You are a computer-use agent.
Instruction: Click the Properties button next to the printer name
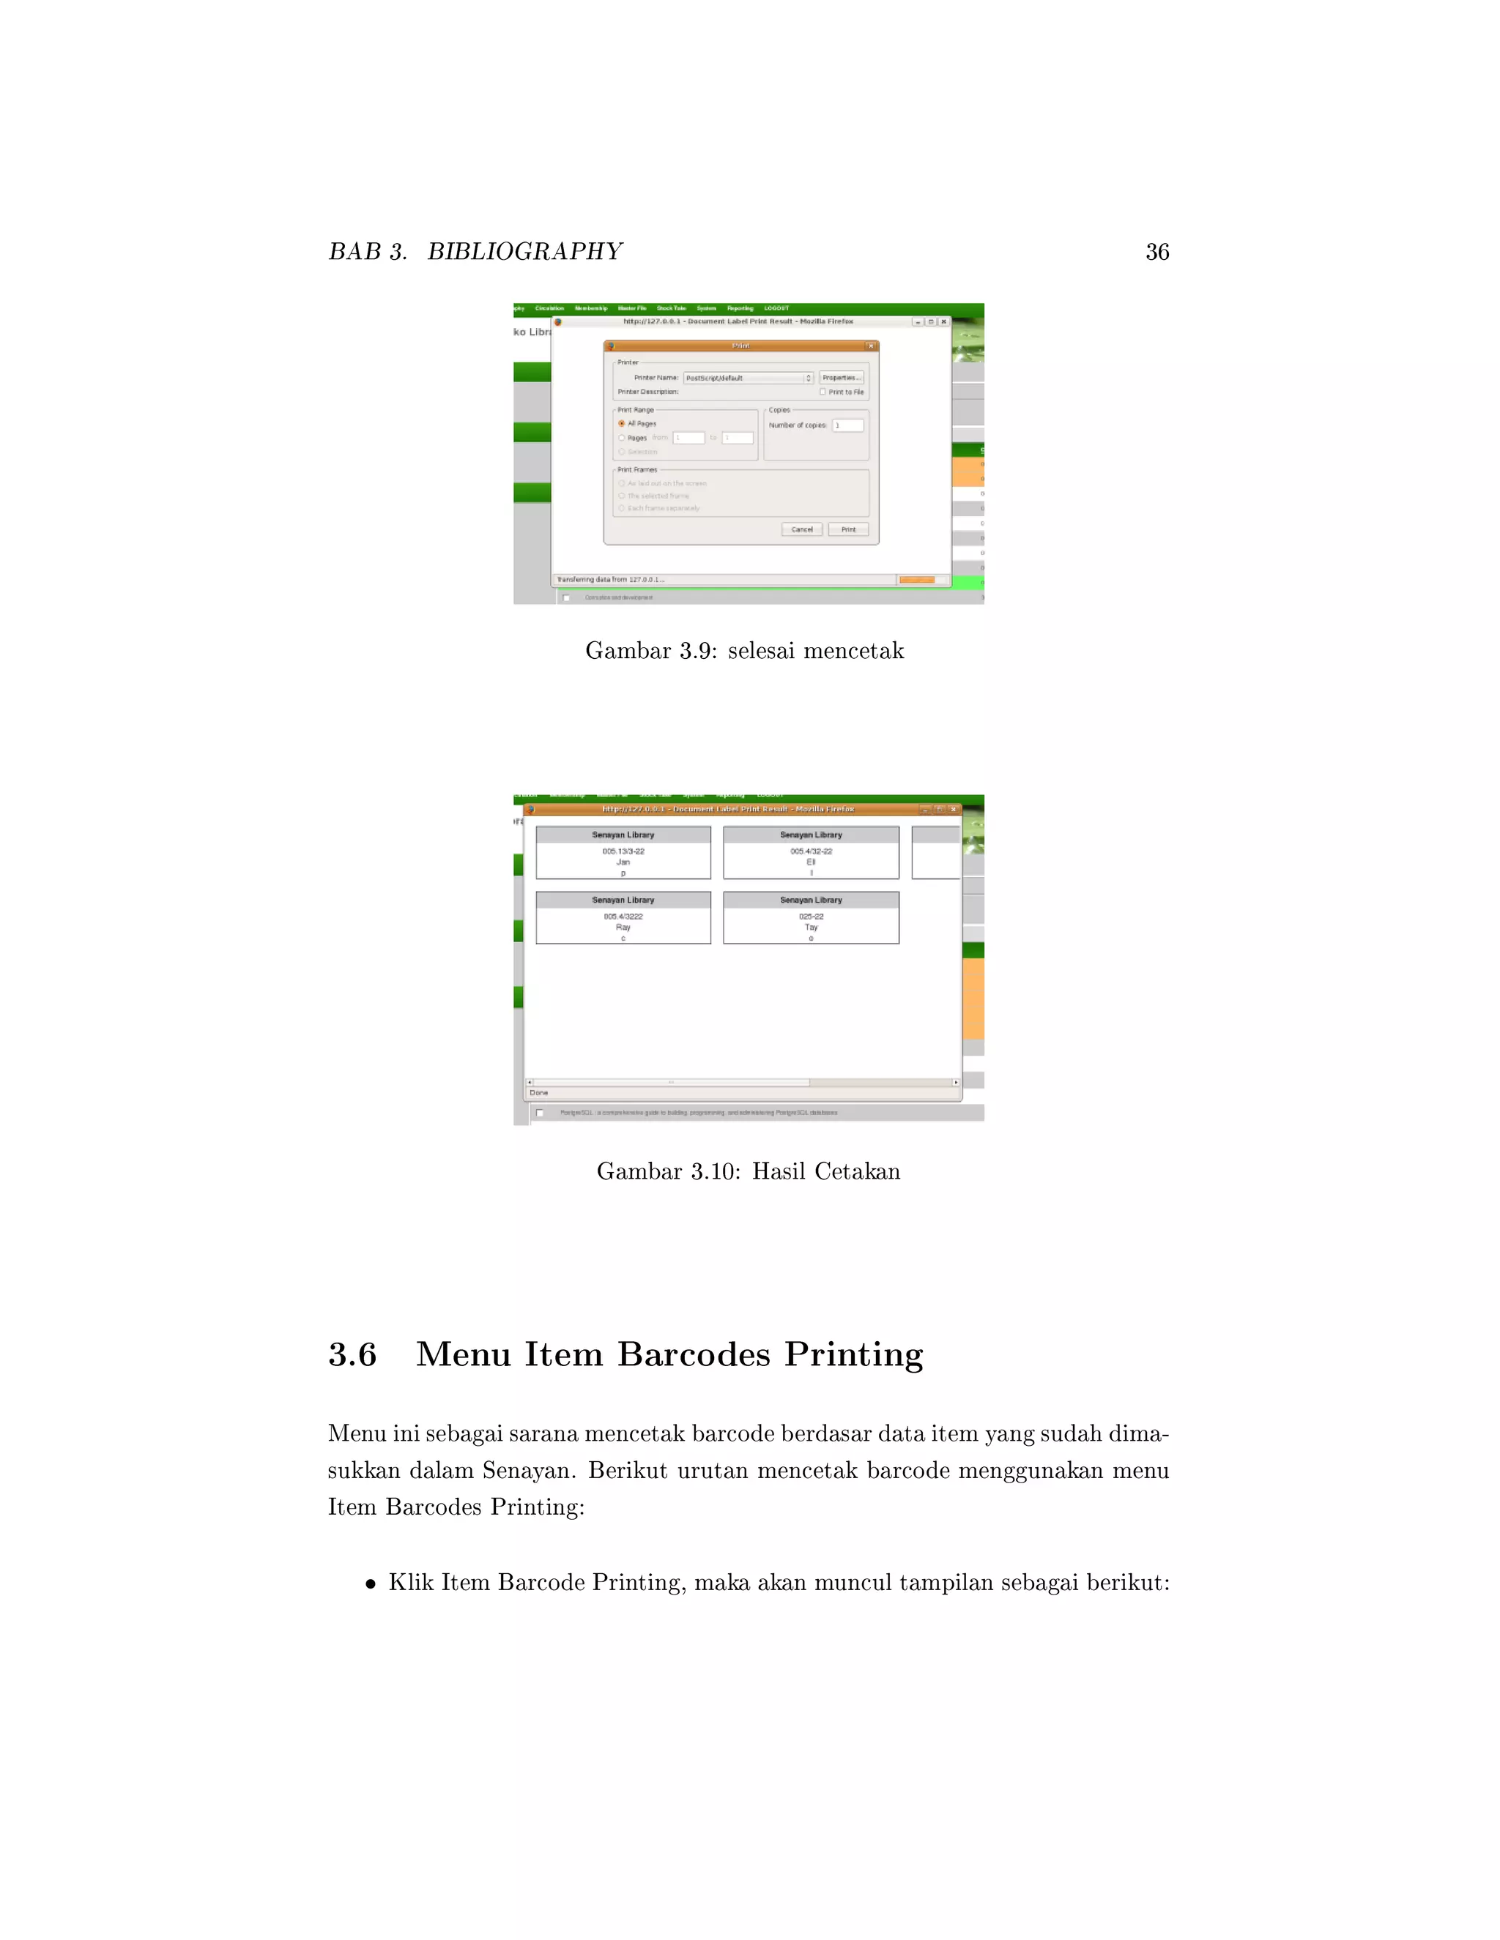coord(841,378)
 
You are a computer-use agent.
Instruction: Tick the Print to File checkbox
coord(823,392)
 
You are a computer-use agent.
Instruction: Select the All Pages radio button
coord(622,424)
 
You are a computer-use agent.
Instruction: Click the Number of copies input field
coord(847,425)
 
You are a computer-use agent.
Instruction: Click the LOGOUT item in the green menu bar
coord(776,308)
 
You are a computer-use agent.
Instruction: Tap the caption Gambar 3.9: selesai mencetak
coord(745,651)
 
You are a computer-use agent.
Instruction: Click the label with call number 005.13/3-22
coord(623,851)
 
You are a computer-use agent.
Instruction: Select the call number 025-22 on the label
coord(811,916)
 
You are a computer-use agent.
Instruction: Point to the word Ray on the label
coord(623,928)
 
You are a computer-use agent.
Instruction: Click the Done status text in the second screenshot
coord(538,1092)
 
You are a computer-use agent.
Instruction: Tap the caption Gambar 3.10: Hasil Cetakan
coord(749,1171)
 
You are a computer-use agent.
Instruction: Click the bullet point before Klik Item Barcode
coord(371,1583)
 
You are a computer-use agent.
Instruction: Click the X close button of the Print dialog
coord(871,346)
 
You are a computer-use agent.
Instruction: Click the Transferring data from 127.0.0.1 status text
coord(611,579)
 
